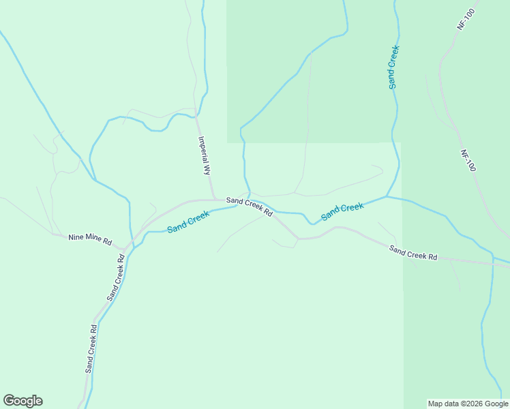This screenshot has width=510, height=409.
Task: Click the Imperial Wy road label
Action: (204, 156)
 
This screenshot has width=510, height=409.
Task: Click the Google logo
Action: (22, 401)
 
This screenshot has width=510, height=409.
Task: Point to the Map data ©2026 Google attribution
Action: (468, 404)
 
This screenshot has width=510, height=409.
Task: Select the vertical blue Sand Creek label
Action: (393, 67)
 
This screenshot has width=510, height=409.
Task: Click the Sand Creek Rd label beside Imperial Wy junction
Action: (250, 206)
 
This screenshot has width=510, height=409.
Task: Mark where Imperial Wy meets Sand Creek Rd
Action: (213, 199)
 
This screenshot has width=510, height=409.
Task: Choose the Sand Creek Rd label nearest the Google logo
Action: (91, 348)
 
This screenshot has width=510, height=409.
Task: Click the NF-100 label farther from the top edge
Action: (467, 161)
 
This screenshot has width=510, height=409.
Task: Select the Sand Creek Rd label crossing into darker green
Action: (412, 253)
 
